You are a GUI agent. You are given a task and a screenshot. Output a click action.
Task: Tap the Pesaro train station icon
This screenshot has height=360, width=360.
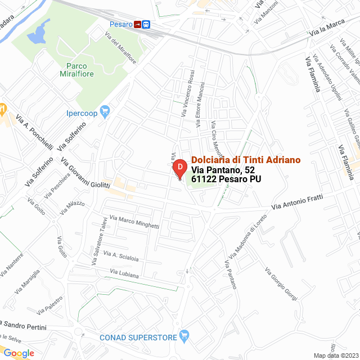[146, 24]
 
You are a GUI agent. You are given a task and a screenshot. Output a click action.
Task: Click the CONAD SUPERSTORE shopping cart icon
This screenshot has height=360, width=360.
[184, 337]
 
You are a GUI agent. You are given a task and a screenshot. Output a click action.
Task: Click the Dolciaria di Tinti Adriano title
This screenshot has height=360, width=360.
[246, 160]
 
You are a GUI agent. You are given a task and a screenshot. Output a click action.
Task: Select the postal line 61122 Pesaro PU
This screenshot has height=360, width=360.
[226, 179]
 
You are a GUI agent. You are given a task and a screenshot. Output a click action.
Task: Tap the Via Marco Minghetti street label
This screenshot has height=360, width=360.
[134, 222]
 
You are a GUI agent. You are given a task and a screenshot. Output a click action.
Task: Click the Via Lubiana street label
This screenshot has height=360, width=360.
[124, 274]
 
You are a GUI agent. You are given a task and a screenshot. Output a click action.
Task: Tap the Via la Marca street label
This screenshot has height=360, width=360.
[326, 30]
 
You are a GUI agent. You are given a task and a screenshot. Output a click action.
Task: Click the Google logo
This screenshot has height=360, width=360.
[19, 353]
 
